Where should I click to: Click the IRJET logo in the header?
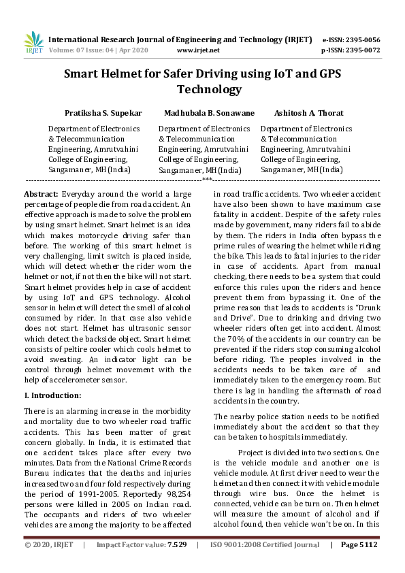33,43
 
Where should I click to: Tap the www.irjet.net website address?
197,50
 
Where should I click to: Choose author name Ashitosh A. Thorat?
308,113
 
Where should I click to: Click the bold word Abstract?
41,194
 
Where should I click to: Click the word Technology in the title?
209,89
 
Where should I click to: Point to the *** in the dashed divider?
207,180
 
